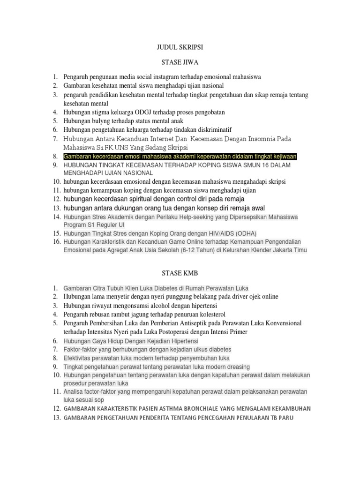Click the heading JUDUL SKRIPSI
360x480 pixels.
click(180, 47)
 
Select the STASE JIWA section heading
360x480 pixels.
click(180, 62)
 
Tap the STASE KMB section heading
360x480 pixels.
click(180, 273)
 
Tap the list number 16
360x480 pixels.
click(56, 242)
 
